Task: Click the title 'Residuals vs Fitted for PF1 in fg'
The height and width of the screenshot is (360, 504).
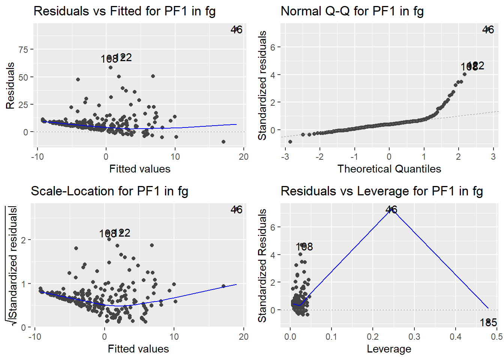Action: click(x=124, y=11)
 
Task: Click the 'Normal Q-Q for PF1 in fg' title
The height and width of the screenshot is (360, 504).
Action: click(x=352, y=11)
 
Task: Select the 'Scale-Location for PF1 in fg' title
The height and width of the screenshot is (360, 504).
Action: click(x=109, y=191)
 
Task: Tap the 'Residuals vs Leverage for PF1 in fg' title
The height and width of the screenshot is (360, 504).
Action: click(x=382, y=191)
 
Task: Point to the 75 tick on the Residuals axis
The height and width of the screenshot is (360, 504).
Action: click(x=23, y=49)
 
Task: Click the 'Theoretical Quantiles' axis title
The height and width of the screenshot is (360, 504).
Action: click(x=389, y=169)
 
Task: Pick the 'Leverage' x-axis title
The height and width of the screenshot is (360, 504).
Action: click(x=389, y=349)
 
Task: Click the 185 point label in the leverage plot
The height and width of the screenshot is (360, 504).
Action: click(x=488, y=322)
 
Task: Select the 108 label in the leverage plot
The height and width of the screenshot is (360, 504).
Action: click(x=304, y=247)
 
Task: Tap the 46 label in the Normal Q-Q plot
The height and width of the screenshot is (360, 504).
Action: click(x=488, y=30)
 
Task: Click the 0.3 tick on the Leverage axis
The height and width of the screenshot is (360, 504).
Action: click(x=414, y=337)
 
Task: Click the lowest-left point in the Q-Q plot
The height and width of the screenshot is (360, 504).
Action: click(x=290, y=142)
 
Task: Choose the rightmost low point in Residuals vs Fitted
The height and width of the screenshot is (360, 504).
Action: click(x=223, y=142)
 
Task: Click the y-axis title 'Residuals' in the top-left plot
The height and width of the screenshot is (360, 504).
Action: click(x=10, y=85)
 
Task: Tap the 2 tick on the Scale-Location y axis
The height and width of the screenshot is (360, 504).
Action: click(x=23, y=240)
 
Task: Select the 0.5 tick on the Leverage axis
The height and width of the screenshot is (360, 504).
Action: click(x=496, y=337)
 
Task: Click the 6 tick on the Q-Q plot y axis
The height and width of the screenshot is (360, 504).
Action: click(x=273, y=47)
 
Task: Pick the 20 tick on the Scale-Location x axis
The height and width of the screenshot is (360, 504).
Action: click(x=243, y=337)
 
